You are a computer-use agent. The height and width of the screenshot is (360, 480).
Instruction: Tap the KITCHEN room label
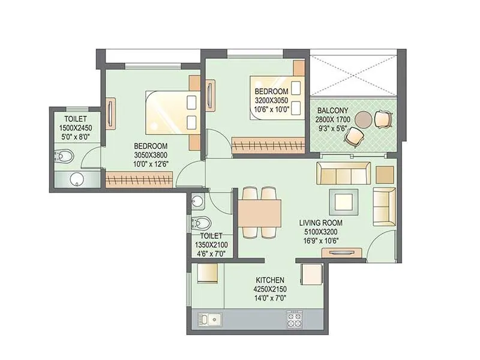point(270,280)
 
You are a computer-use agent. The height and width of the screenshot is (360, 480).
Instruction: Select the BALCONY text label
point(331,110)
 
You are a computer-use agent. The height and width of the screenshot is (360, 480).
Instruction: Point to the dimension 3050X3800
point(151,154)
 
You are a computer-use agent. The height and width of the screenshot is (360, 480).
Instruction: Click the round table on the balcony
point(363,119)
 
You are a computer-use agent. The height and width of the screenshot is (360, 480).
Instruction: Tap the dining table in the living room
point(260,212)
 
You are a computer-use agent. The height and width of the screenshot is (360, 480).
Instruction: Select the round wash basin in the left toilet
point(77,179)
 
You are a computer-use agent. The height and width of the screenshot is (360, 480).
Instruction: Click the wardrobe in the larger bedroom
point(139,178)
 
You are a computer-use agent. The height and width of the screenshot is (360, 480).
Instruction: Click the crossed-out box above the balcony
point(352,77)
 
